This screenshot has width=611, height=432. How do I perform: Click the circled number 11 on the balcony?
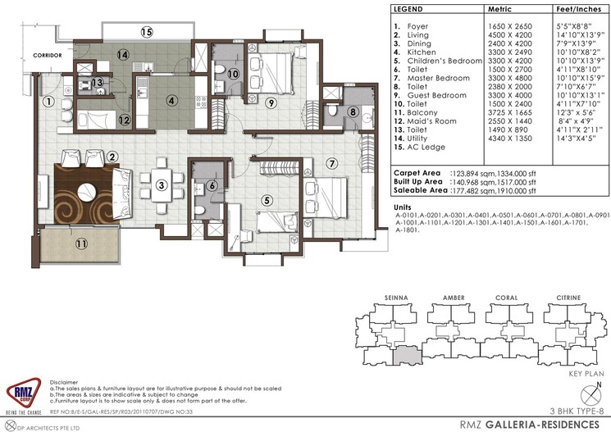click(80, 243)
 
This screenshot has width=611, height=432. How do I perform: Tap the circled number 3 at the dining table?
click(162, 185)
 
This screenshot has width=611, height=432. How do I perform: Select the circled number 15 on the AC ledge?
click(146, 33)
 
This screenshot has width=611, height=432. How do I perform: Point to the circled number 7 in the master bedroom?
click(332, 163)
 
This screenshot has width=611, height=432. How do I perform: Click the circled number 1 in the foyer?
click(49, 102)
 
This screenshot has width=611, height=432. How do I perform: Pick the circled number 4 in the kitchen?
click(171, 102)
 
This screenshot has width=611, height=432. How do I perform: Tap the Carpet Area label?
click(420, 175)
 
